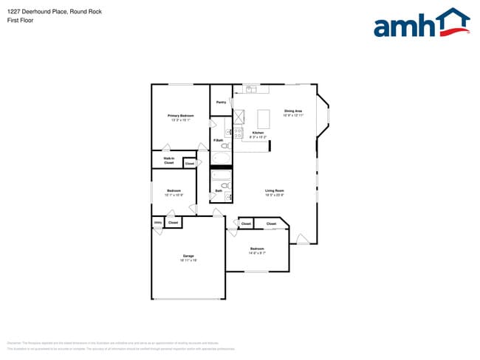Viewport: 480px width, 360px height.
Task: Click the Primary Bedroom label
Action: (181, 116)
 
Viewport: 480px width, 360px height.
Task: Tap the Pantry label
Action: (221, 103)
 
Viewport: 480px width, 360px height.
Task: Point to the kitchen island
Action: (264, 119)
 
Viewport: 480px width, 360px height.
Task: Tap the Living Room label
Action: (275, 191)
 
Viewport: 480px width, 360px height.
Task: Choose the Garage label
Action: (188, 256)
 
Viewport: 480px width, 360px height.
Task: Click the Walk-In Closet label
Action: (169, 160)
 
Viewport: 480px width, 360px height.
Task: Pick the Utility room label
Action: (157, 222)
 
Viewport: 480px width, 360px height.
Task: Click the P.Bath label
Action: (219, 140)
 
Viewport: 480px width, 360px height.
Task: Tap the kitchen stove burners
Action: (239, 133)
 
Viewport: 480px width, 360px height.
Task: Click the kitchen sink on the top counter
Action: (252, 89)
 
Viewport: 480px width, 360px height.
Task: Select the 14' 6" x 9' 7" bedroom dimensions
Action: (257, 252)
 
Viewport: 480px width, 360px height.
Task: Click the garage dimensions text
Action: (188, 260)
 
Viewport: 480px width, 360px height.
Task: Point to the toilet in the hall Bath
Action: (226, 186)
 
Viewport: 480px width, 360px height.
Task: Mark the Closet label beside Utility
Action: (173, 222)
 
